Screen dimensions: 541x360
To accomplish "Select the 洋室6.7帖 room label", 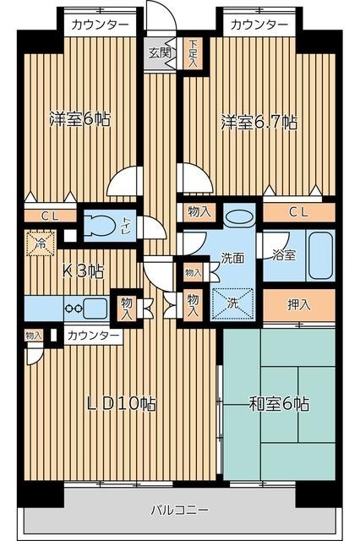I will point(259,121).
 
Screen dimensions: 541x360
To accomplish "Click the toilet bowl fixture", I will point(106,226).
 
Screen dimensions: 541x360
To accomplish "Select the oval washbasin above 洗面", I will point(239,216).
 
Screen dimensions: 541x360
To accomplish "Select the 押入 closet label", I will point(299,303).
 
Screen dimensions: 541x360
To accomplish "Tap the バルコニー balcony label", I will point(179,511).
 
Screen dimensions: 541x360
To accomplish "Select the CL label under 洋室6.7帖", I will point(298,211).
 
